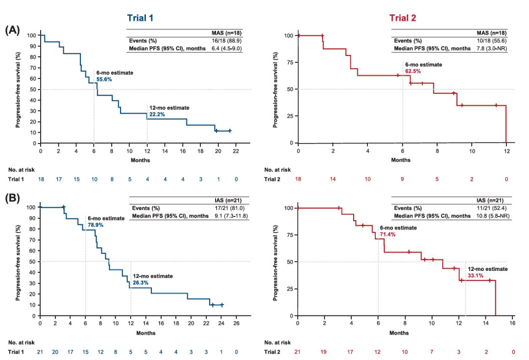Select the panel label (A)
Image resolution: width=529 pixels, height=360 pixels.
click(13, 30)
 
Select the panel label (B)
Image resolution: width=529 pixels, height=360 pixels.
click(13, 198)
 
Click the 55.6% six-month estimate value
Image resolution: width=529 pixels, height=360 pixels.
click(104, 78)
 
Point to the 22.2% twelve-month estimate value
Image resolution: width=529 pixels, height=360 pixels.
click(156, 115)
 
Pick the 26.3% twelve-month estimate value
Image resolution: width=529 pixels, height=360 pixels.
click(140, 283)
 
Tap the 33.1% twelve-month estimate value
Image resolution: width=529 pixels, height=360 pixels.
click(476, 276)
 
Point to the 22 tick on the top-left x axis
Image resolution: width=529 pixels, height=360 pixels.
click(236, 151)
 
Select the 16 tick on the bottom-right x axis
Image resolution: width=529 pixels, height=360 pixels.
click(512, 324)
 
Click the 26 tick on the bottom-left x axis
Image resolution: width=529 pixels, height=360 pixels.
click(236, 324)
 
